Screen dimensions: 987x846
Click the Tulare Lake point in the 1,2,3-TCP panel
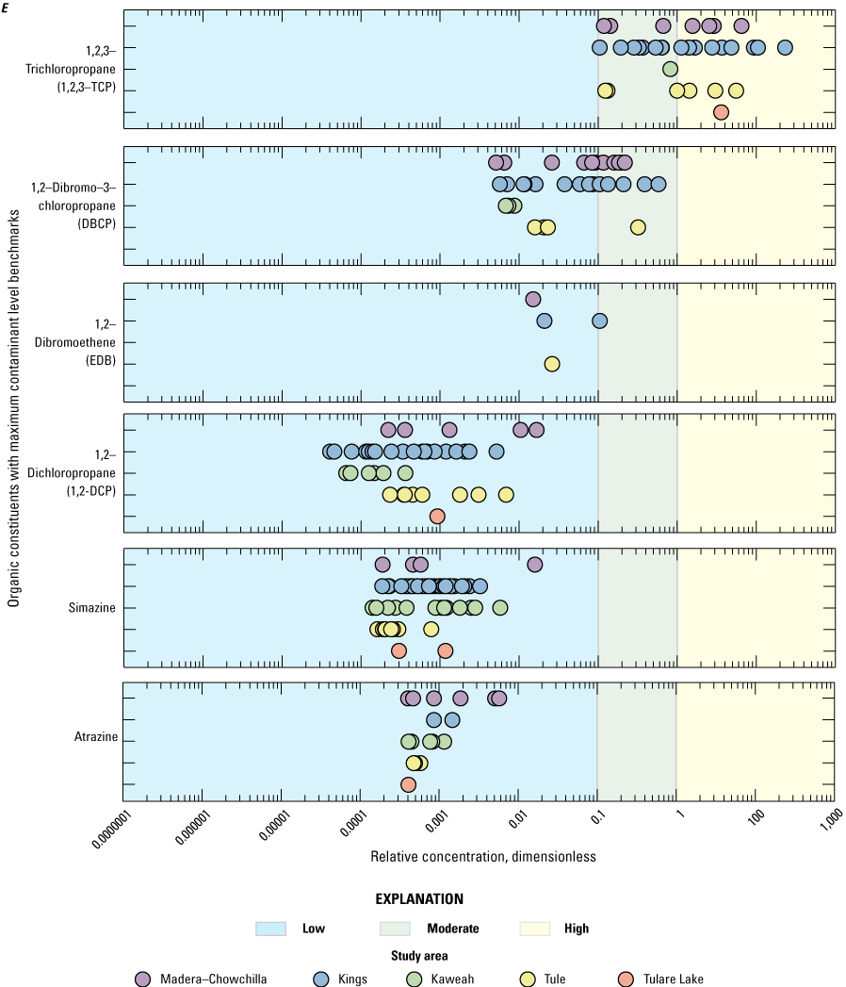(x=721, y=112)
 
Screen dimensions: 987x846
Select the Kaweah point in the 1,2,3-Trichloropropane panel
(x=670, y=69)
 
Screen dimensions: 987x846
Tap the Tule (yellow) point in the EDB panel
(x=552, y=364)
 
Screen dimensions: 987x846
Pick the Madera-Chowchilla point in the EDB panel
(x=533, y=299)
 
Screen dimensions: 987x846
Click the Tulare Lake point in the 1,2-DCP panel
(x=437, y=516)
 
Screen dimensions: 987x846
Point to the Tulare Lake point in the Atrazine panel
(x=408, y=784)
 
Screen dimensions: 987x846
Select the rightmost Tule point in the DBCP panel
(x=638, y=227)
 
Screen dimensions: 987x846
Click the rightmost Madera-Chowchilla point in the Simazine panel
(x=534, y=565)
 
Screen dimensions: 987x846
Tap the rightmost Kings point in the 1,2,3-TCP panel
(x=784, y=47)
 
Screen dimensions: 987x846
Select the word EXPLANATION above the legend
(x=419, y=898)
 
